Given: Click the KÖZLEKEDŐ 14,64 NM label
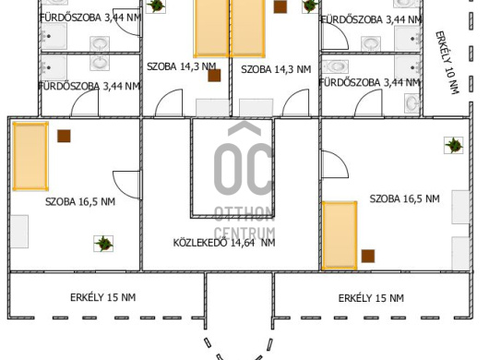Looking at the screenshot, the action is (x=224, y=243).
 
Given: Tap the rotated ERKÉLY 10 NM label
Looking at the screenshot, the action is (x=447, y=63).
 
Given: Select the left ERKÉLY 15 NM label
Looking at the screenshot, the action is (x=103, y=297).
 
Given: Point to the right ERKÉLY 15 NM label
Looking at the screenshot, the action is (x=371, y=298).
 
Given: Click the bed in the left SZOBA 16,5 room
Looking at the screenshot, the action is (x=30, y=156).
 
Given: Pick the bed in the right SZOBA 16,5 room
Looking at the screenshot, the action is (x=340, y=235).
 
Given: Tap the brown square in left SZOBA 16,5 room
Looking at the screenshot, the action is (x=64, y=136).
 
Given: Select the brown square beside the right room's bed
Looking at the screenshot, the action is (x=368, y=256).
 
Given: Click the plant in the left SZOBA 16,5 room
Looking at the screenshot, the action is (x=103, y=244).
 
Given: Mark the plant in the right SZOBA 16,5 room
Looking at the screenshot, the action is (x=454, y=145).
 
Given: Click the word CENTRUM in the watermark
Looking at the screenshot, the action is (x=244, y=234).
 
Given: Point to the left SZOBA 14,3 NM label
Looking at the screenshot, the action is (x=182, y=66).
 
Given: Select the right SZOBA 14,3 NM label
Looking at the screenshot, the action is (x=276, y=69).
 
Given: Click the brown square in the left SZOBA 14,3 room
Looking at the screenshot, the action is (x=214, y=76).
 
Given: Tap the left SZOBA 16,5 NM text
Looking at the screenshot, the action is (x=80, y=201).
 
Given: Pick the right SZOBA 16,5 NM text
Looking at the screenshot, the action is (x=404, y=198).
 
